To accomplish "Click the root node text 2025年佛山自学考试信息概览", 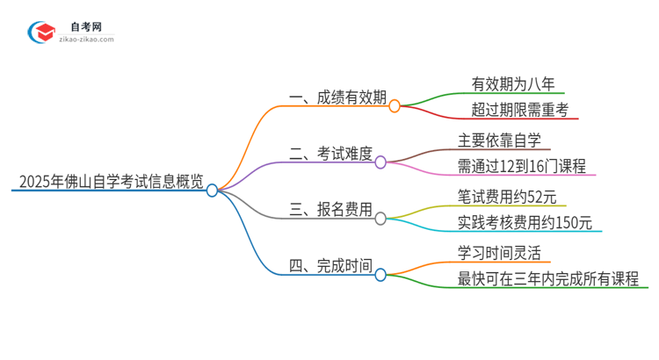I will (x=109, y=184).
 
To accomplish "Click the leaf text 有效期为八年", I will (x=510, y=84).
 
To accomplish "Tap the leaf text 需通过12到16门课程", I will (x=522, y=166).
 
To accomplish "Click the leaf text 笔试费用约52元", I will (x=509, y=197).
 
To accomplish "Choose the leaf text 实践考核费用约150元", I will (x=525, y=223).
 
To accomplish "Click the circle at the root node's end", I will (x=212, y=190).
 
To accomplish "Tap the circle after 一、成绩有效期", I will (x=395, y=105).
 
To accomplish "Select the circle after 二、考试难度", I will (x=380, y=162).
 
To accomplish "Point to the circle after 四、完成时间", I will (x=380, y=275).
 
